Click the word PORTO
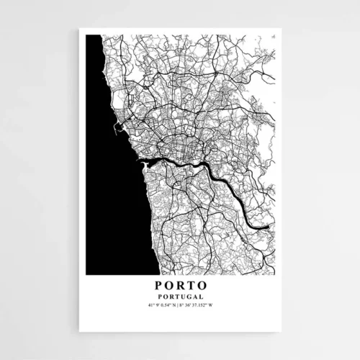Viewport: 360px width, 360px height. pyautogui.click(x=180, y=285)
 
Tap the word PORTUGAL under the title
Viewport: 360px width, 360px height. pyautogui.click(x=180, y=297)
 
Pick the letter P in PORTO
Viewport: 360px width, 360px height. pyautogui.click(x=158, y=285)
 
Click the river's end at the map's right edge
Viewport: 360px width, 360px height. pyautogui.click(x=271, y=228)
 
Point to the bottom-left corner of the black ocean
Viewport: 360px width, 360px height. pyautogui.click(x=86, y=274)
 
